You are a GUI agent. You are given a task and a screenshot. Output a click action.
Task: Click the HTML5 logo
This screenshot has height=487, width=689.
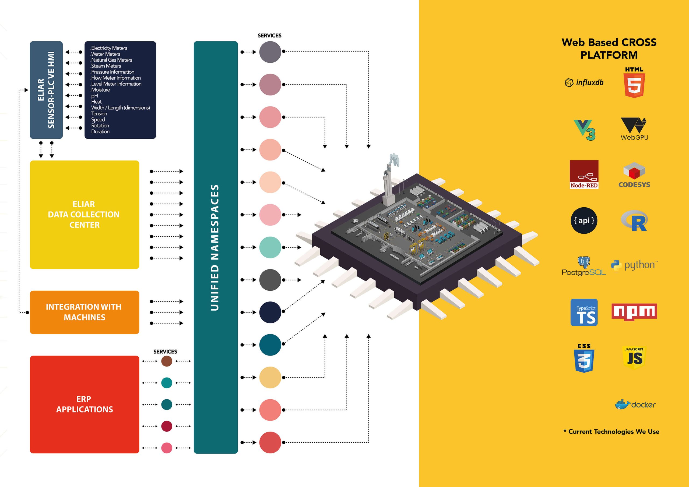pos(634,82)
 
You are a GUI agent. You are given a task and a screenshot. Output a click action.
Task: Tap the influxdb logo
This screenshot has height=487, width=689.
pos(584,83)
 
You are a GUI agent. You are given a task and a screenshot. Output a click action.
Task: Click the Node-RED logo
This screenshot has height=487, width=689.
pos(584,175)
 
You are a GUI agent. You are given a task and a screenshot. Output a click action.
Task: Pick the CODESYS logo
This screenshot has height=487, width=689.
pos(634,175)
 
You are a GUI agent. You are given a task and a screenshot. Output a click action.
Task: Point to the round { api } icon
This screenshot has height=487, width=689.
pos(584,221)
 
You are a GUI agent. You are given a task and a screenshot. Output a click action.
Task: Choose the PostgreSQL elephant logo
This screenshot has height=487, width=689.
pos(584,266)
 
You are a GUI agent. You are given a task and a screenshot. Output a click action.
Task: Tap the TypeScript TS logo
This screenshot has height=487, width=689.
pos(584,312)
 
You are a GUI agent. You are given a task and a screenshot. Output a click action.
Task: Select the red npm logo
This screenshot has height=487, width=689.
pos(634,312)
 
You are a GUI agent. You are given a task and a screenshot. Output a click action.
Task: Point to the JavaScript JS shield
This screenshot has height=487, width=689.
pos(634,358)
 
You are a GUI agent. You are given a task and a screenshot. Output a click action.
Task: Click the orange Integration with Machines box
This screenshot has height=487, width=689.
pos(84,312)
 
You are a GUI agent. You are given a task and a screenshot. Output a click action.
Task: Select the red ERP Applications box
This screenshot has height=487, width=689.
pos(84,404)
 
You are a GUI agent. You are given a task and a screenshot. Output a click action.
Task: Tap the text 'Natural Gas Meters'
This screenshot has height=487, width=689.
pos(111,60)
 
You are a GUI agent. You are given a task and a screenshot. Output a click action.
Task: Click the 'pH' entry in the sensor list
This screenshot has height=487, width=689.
pos(94,96)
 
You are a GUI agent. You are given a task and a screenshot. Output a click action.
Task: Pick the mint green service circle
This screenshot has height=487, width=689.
pos(270,247)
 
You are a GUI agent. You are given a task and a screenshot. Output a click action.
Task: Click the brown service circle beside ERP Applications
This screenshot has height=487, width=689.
pos(167,361)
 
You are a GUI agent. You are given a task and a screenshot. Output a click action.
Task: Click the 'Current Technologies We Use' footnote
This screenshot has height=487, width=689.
pos(611,432)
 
